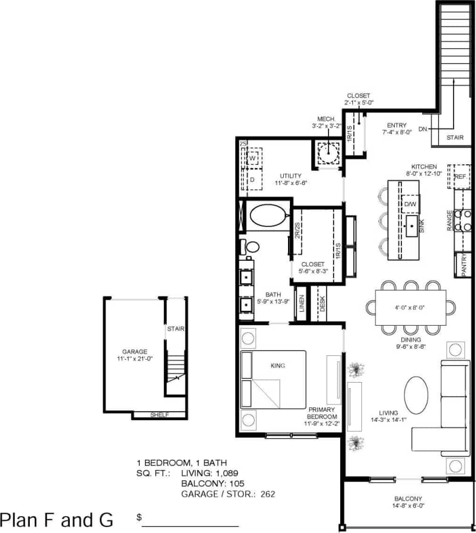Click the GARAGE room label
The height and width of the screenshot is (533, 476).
pos(134,351)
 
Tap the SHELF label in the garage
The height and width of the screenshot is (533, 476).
pos(159,415)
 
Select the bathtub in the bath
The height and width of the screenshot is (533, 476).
pos(267,216)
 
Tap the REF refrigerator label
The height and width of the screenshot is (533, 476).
pos(460,176)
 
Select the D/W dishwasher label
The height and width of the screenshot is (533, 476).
pos(411,204)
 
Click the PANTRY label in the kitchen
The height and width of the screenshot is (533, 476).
pos(463,266)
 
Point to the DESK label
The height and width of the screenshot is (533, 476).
pos(322,304)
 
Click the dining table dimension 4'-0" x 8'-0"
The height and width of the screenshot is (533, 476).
pos(411,307)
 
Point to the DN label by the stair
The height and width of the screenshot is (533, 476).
pos(423,129)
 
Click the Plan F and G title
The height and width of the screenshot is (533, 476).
pos(56,520)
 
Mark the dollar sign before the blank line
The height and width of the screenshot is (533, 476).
pos(139,518)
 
